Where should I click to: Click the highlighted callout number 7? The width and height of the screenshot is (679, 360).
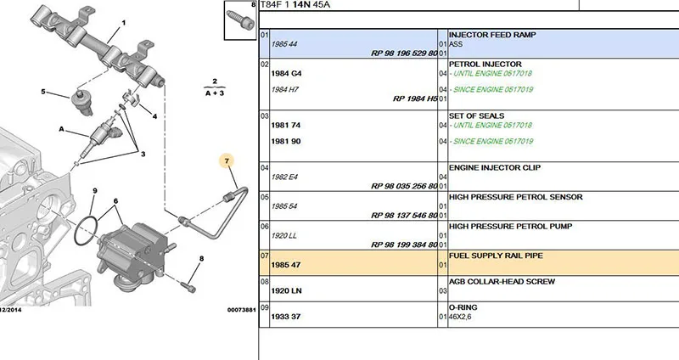(x=227, y=161)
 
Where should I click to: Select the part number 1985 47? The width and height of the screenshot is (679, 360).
(x=286, y=265)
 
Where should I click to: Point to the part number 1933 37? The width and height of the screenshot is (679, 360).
(x=286, y=317)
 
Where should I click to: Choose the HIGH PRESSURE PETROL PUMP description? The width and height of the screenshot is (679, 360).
(x=511, y=226)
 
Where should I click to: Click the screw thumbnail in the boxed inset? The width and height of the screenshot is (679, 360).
(x=239, y=20)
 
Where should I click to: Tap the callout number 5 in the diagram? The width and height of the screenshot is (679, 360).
(x=43, y=92)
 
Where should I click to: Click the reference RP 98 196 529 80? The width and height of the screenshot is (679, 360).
(x=404, y=53)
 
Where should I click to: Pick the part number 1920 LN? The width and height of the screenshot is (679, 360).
(x=286, y=290)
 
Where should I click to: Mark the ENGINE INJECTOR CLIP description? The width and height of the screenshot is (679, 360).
(x=495, y=167)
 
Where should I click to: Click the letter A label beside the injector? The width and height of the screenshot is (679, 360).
(x=61, y=129)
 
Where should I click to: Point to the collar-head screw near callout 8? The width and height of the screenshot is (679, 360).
(x=188, y=287)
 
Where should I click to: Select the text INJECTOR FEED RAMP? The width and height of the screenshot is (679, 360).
(x=492, y=35)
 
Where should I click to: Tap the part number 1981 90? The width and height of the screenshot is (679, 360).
(x=286, y=141)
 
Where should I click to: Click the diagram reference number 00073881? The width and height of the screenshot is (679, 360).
(x=242, y=310)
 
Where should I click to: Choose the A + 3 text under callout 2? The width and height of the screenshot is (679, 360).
(x=215, y=93)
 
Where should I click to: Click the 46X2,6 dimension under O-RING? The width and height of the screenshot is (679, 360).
(x=460, y=317)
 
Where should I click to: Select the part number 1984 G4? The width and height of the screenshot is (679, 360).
(x=286, y=73)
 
